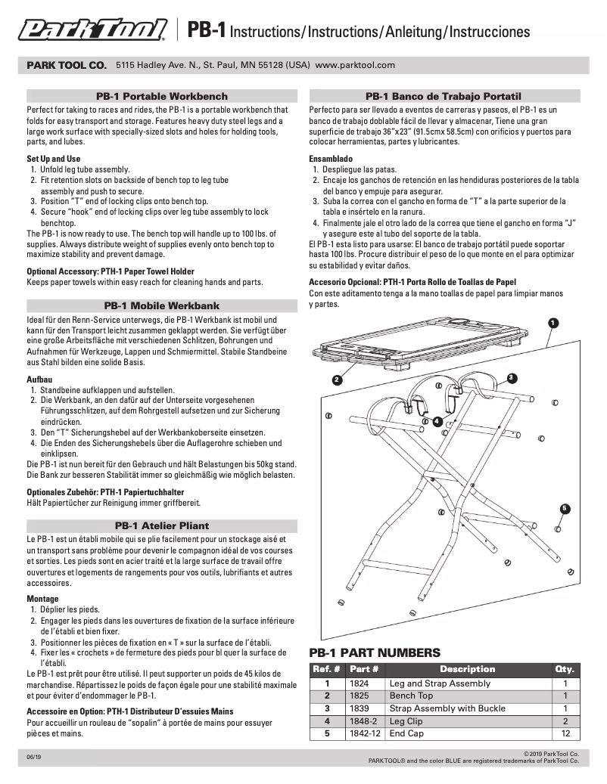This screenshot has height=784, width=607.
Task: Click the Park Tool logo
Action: [x=92, y=30]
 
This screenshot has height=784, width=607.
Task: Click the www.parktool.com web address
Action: [x=355, y=65]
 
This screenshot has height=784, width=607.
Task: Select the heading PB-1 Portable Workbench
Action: [x=161, y=97]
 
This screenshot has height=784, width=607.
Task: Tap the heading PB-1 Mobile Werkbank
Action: [x=161, y=305]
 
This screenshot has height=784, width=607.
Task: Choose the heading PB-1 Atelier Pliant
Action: [x=161, y=525]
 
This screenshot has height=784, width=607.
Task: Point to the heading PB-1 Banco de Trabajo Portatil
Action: [x=444, y=97]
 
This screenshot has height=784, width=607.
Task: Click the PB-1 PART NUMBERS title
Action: [x=375, y=652]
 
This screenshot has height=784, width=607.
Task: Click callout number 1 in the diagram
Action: [x=553, y=323]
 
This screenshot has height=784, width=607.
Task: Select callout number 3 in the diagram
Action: [x=512, y=377]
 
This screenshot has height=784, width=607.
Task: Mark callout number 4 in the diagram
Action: [x=437, y=421]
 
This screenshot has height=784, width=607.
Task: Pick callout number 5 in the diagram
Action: [x=565, y=507]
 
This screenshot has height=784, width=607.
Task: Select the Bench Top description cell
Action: [x=411, y=696]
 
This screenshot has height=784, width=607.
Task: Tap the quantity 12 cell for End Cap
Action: [x=565, y=733]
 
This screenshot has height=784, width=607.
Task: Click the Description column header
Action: [x=467, y=669]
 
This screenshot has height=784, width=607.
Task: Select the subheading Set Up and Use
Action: [x=53, y=159]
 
